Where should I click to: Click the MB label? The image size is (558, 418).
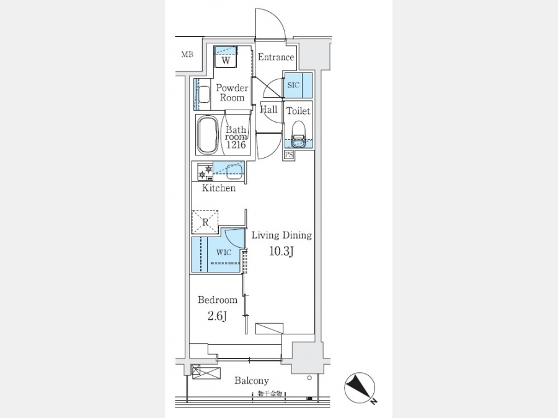point(187,54)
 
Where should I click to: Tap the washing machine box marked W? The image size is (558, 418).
point(226,60)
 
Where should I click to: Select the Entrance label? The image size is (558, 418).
point(276,57)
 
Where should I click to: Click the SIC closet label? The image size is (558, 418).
point(293,85)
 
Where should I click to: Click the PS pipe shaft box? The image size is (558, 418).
point(289,155)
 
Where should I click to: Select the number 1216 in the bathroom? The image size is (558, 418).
point(236,145)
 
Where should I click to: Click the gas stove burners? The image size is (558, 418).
point(206,172)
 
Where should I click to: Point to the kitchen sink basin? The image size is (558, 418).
point(234,172)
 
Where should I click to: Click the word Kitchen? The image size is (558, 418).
point(218,188)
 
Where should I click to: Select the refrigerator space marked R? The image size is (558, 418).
point(205,222)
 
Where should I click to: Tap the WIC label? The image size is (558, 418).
point(224,253)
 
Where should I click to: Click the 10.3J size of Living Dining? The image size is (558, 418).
point(281,251)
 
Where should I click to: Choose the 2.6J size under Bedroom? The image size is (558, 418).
point(217,316)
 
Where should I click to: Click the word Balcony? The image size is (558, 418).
point(251,381)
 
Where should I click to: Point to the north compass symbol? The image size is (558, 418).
point(360,388)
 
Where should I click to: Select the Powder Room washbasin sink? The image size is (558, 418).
point(204,94)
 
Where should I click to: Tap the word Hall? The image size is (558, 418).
point(268,109)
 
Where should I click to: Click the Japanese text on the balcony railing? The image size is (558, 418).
point(270,394)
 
